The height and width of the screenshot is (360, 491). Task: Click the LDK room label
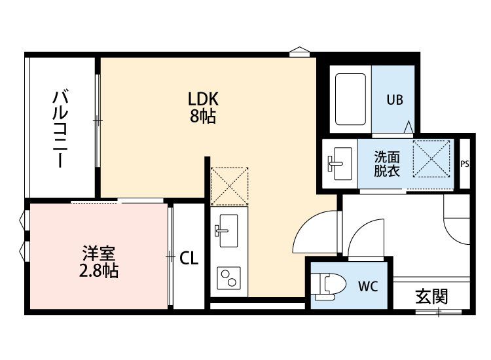(x=203, y=99)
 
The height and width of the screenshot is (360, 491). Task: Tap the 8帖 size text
(x=203, y=116)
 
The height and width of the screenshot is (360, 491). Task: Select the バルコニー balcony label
(x=60, y=128)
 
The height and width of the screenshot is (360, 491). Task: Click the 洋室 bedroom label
(x=99, y=254)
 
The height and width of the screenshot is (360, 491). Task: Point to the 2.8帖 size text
(x=98, y=271)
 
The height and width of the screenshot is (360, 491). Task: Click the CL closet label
(x=189, y=259)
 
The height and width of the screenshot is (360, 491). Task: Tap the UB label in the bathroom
(x=395, y=100)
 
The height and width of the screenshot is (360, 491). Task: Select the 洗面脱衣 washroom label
(x=387, y=164)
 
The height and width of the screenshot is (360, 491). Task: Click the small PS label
(x=465, y=164)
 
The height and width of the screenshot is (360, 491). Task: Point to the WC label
(x=368, y=286)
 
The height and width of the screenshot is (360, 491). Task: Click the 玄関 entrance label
(x=431, y=297)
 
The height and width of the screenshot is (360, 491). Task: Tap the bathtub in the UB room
(x=350, y=99)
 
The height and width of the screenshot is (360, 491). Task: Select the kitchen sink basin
(x=228, y=230)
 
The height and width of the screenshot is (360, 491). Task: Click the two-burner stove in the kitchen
(x=228, y=278)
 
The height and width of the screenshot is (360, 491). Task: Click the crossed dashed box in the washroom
(x=431, y=159)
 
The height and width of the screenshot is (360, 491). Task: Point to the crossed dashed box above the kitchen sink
(x=230, y=187)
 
